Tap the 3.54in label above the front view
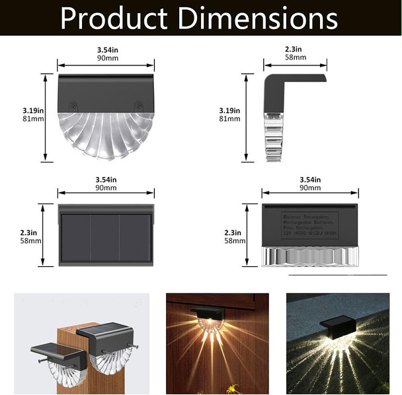pos(106,50)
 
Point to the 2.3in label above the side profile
pos(294,49)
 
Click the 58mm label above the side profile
pos(295,57)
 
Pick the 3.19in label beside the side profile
pos(231,110)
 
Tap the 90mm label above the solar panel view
pos(106,188)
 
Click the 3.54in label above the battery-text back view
pos(310,180)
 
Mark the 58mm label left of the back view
pos(235,241)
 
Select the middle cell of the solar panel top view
pos(105,236)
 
